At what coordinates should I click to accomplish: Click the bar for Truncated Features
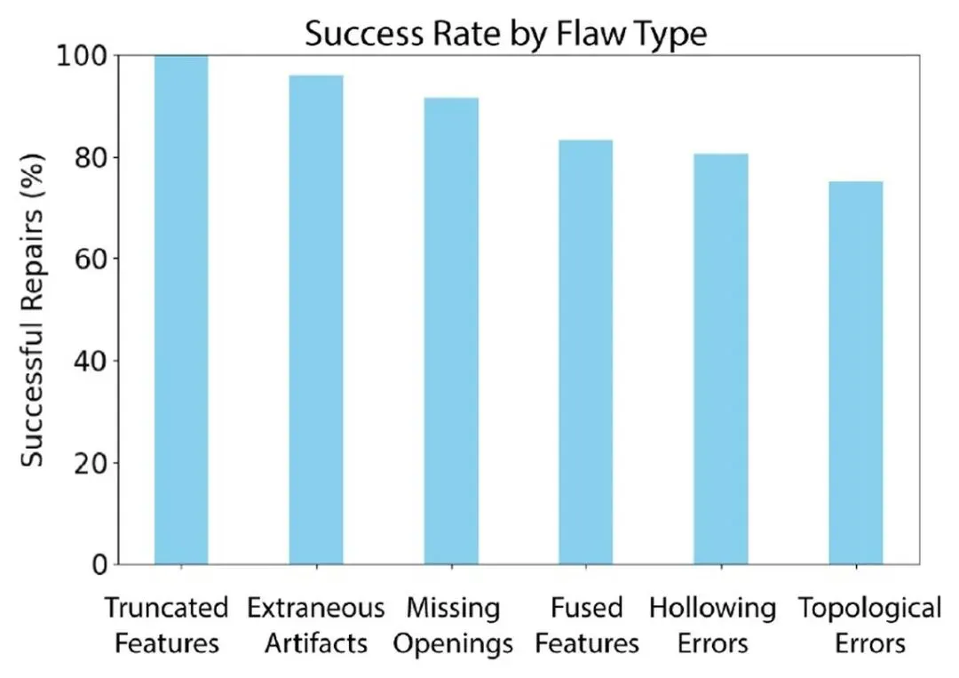click(x=181, y=309)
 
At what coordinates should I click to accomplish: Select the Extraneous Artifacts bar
click(x=316, y=319)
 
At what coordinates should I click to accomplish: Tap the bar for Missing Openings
click(x=451, y=331)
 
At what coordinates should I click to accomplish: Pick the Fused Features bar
click(x=586, y=352)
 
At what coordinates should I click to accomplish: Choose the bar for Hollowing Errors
click(x=721, y=359)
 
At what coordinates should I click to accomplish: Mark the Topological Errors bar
click(x=856, y=372)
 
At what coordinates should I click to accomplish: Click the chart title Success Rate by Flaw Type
click(x=506, y=33)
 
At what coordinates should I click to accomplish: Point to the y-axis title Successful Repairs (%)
click(x=33, y=310)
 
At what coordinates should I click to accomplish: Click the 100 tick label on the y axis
click(x=82, y=56)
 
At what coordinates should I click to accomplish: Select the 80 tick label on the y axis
click(x=91, y=158)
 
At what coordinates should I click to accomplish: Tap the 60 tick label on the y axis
click(x=91, y=259)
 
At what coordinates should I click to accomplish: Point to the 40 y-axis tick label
click(x=91, y=361)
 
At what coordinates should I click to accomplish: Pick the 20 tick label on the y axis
click(x=91, y=463)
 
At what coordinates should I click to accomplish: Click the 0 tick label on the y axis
click(x=99, y=565)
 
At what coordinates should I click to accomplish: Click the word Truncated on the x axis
click(x=166, y=608)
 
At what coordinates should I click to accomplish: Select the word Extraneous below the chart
click(x=315, y=608)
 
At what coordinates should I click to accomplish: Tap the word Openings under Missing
click(x=453, y=644)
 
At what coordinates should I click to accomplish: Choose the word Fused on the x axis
click(x=587, y=608)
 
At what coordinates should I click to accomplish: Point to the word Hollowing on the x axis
click(x=712, y=609)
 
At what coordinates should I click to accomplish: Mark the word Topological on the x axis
click(x=869, y=609)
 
